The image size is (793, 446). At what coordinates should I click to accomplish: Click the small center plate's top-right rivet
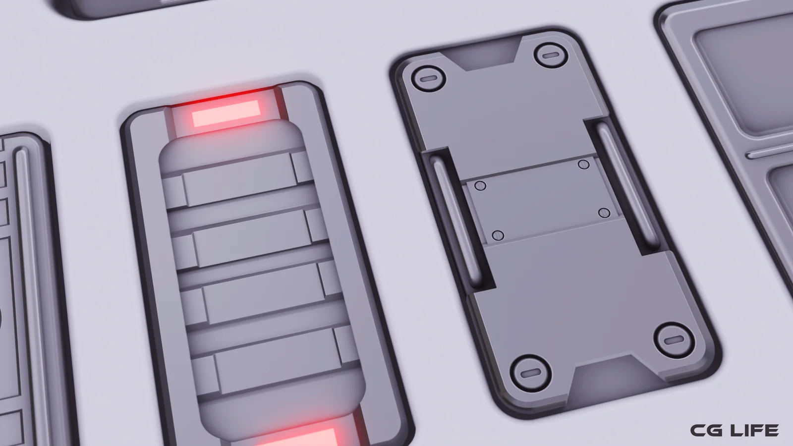coord(584,164)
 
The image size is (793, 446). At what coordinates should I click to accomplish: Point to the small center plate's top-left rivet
coord(480,186)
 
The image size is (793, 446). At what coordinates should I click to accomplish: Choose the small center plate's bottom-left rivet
coord(498,235)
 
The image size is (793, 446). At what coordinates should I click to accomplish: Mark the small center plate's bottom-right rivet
coord(604,213)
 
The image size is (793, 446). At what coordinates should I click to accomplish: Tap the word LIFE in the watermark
coord(753,430)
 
